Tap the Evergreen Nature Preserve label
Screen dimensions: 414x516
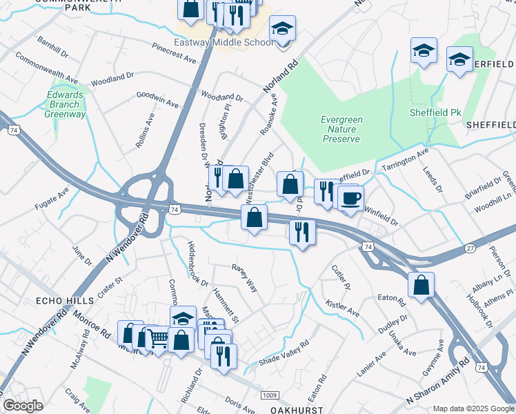tap(341, 129)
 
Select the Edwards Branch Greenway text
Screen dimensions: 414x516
tap(66, 105)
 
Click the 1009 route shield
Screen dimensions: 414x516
tap(269, 394)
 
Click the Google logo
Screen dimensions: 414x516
tap(23, 406)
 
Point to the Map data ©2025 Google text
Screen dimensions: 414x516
tap(473, 408)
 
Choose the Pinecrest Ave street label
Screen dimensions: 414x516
tap(175, 53)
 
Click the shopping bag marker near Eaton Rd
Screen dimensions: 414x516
tap(421, 284)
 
